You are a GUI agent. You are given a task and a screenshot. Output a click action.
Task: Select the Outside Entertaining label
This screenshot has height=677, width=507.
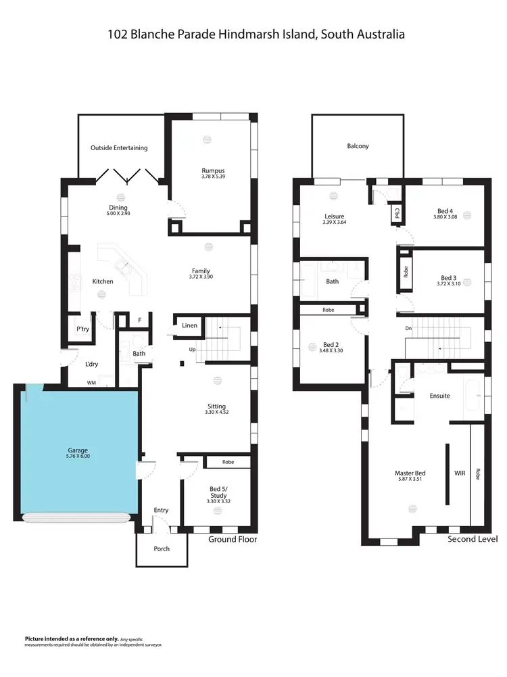point(119,147)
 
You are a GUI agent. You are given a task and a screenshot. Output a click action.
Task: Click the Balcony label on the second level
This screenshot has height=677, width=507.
point(358,146)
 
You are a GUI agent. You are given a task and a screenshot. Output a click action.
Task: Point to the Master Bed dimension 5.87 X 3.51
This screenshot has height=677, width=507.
point(410,480)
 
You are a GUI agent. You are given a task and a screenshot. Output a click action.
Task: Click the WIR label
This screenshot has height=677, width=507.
point(460,473)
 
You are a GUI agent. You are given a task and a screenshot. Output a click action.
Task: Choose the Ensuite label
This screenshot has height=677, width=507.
point(440,396)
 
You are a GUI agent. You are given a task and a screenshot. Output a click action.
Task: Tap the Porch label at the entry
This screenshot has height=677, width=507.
point(162,548)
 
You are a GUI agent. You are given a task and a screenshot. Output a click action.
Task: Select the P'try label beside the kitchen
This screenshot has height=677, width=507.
point(82,329)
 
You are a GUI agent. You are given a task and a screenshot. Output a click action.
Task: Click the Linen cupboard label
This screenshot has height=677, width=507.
point(190,326)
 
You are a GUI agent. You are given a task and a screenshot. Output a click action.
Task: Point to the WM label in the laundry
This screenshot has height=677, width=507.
point(91,383)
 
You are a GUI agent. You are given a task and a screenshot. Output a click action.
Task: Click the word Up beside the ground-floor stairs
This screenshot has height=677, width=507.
point(192,350)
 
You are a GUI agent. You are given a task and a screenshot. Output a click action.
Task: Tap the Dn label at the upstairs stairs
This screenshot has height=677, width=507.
point(408,328)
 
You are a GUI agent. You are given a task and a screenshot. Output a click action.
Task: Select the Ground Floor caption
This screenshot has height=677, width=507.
point(233,539)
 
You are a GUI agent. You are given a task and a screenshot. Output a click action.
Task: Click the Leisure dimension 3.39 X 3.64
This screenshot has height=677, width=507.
point(334,223)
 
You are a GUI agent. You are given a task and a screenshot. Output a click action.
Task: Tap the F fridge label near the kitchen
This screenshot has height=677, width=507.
point(139,320)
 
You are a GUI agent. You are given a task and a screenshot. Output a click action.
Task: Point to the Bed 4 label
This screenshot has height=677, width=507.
point(444,211)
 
